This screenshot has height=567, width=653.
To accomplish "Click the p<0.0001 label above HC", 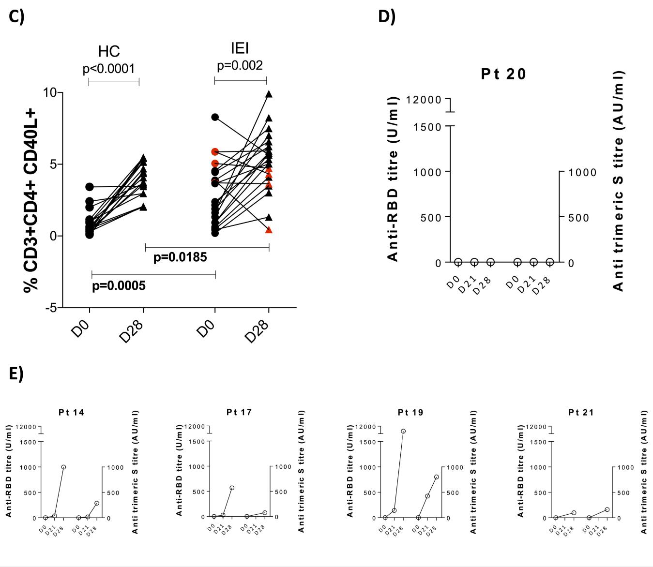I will [108, 69].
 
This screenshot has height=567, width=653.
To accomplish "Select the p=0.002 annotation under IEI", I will [240, 65].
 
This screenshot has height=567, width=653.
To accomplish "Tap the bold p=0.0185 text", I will [180, 257].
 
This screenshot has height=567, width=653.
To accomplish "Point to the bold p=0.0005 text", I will [119, 286].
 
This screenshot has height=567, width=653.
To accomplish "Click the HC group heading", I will [108, 51].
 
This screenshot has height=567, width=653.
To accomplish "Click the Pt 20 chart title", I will [503, 74].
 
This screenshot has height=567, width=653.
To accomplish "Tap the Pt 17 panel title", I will [239, 412].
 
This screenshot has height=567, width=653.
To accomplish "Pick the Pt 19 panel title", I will [410, 412].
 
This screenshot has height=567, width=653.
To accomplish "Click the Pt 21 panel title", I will [581, 412].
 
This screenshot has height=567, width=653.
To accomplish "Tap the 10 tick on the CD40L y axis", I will [51, 92].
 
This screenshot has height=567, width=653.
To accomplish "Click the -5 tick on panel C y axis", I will [51, 308].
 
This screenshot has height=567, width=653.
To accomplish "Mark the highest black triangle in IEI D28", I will [269, 94].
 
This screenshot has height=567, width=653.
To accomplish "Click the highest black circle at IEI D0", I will [215, 117].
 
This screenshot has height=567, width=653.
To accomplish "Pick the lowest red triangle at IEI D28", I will [269, 230].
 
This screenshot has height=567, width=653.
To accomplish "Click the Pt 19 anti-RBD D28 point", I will [403, 431].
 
